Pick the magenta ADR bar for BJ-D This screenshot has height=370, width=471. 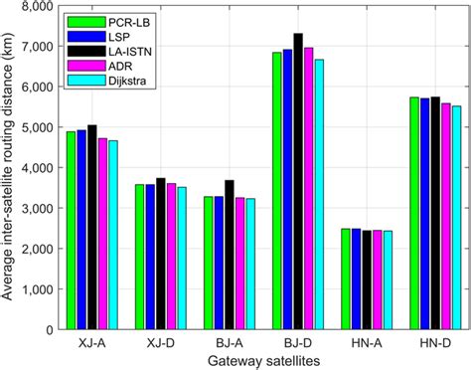point(309,188)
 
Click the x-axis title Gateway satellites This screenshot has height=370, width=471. point(262,360)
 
